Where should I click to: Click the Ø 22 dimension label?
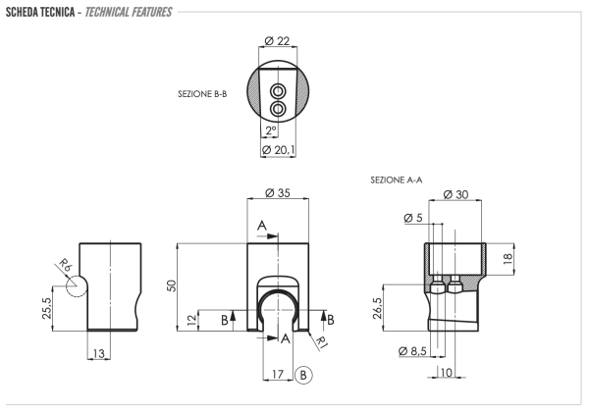[x=278, y=40]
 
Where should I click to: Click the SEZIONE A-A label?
[x=397, y=181]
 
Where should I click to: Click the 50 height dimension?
[x=172, y=284]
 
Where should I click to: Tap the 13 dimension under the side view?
[x=98, y=353]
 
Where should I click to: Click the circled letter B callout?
[x=303, y=374]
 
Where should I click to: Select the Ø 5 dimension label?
[x=412, y=218]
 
